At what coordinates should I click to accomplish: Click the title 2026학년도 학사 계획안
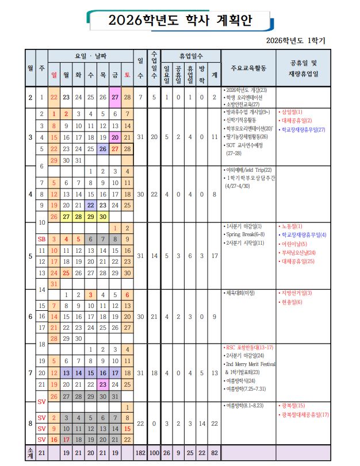(x=180, y=21)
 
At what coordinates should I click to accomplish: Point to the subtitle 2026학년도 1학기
(x=296, y=41)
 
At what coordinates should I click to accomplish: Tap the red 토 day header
(x=128, y=74)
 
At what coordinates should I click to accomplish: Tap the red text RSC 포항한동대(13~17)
(x=249, y=348)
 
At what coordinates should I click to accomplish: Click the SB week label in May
(x=41, y=238)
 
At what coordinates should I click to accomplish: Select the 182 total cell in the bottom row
(x=140, y=454)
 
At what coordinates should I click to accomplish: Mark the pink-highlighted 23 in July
(x=103, y=384)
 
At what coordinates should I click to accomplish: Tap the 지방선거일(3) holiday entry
(x=297, y=293)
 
